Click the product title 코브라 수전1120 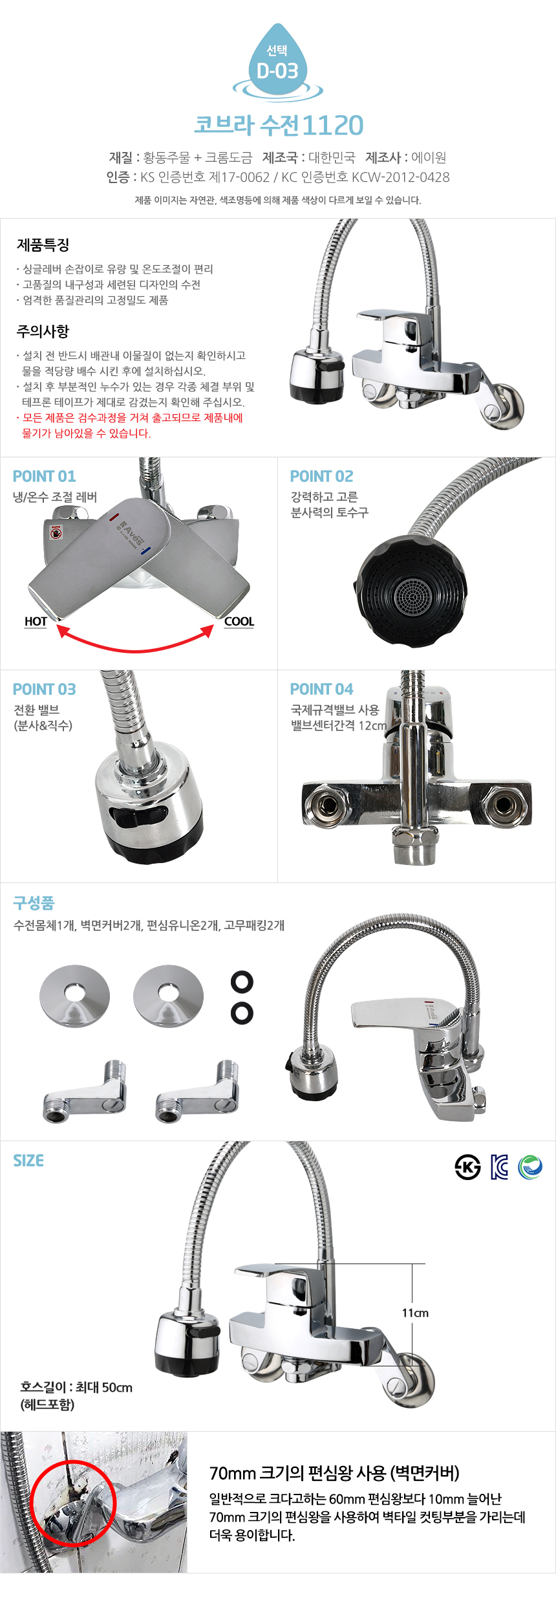(279, 126)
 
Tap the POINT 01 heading (45, 476)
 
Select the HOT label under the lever (36, 622)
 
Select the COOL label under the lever (239, 622)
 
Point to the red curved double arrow (136, 649)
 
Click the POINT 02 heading (322, 476)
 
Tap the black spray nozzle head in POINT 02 (411, 590)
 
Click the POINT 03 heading (45, 689)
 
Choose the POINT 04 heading (322, 689)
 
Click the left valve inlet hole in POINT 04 (325, 804)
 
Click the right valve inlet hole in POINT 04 (502, 805)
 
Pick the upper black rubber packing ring (242, 981)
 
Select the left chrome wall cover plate (75, 996)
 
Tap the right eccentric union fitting (197, 1091)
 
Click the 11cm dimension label (415, 1313)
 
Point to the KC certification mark (499, 1167)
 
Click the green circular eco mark (530, 1167)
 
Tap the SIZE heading (28, 1161)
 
